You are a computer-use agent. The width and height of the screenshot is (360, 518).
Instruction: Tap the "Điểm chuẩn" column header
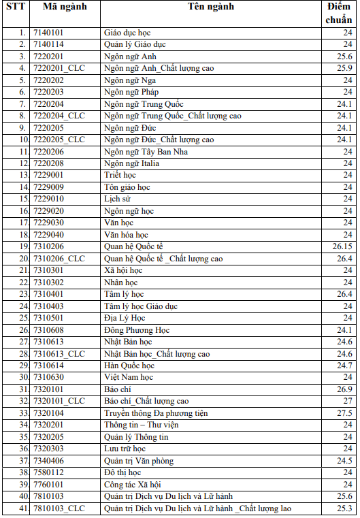coord(338,12)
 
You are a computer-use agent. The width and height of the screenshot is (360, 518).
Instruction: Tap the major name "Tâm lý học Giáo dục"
coord(141,306)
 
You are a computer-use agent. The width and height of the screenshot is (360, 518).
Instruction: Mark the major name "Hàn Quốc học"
coord(129,366)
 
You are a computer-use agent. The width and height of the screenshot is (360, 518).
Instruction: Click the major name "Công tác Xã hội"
coord(132,485)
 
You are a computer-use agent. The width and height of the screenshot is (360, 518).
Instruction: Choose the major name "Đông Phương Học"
coord(137,330)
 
